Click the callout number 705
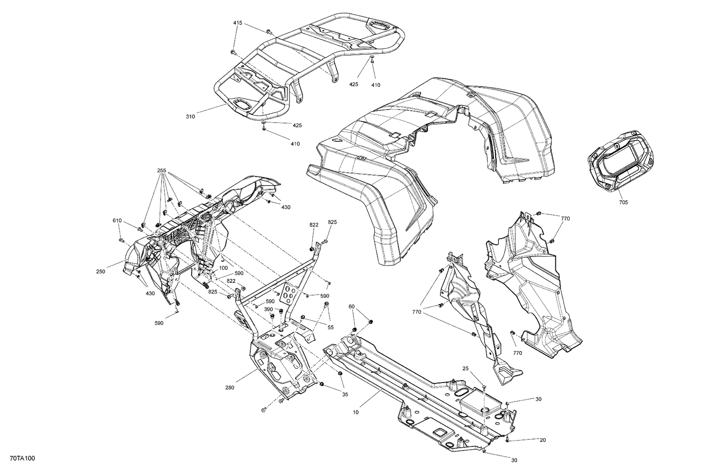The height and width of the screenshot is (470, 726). (623, 203)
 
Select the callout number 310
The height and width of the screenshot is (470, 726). (190, 117)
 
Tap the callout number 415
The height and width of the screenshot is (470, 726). (238, 23)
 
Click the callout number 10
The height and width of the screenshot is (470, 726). (356, 412)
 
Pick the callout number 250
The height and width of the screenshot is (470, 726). (101, 272)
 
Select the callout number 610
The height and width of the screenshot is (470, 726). (117, 220)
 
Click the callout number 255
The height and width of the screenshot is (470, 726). (162, 171)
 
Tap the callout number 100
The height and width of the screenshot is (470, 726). (223, 268)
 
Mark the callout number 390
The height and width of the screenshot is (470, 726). (269, 309)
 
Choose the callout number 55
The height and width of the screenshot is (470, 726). (331, 327)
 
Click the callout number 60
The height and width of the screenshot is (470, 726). (351, 307)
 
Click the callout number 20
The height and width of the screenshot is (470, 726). (543, 440)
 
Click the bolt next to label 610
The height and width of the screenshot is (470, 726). (120, 240)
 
